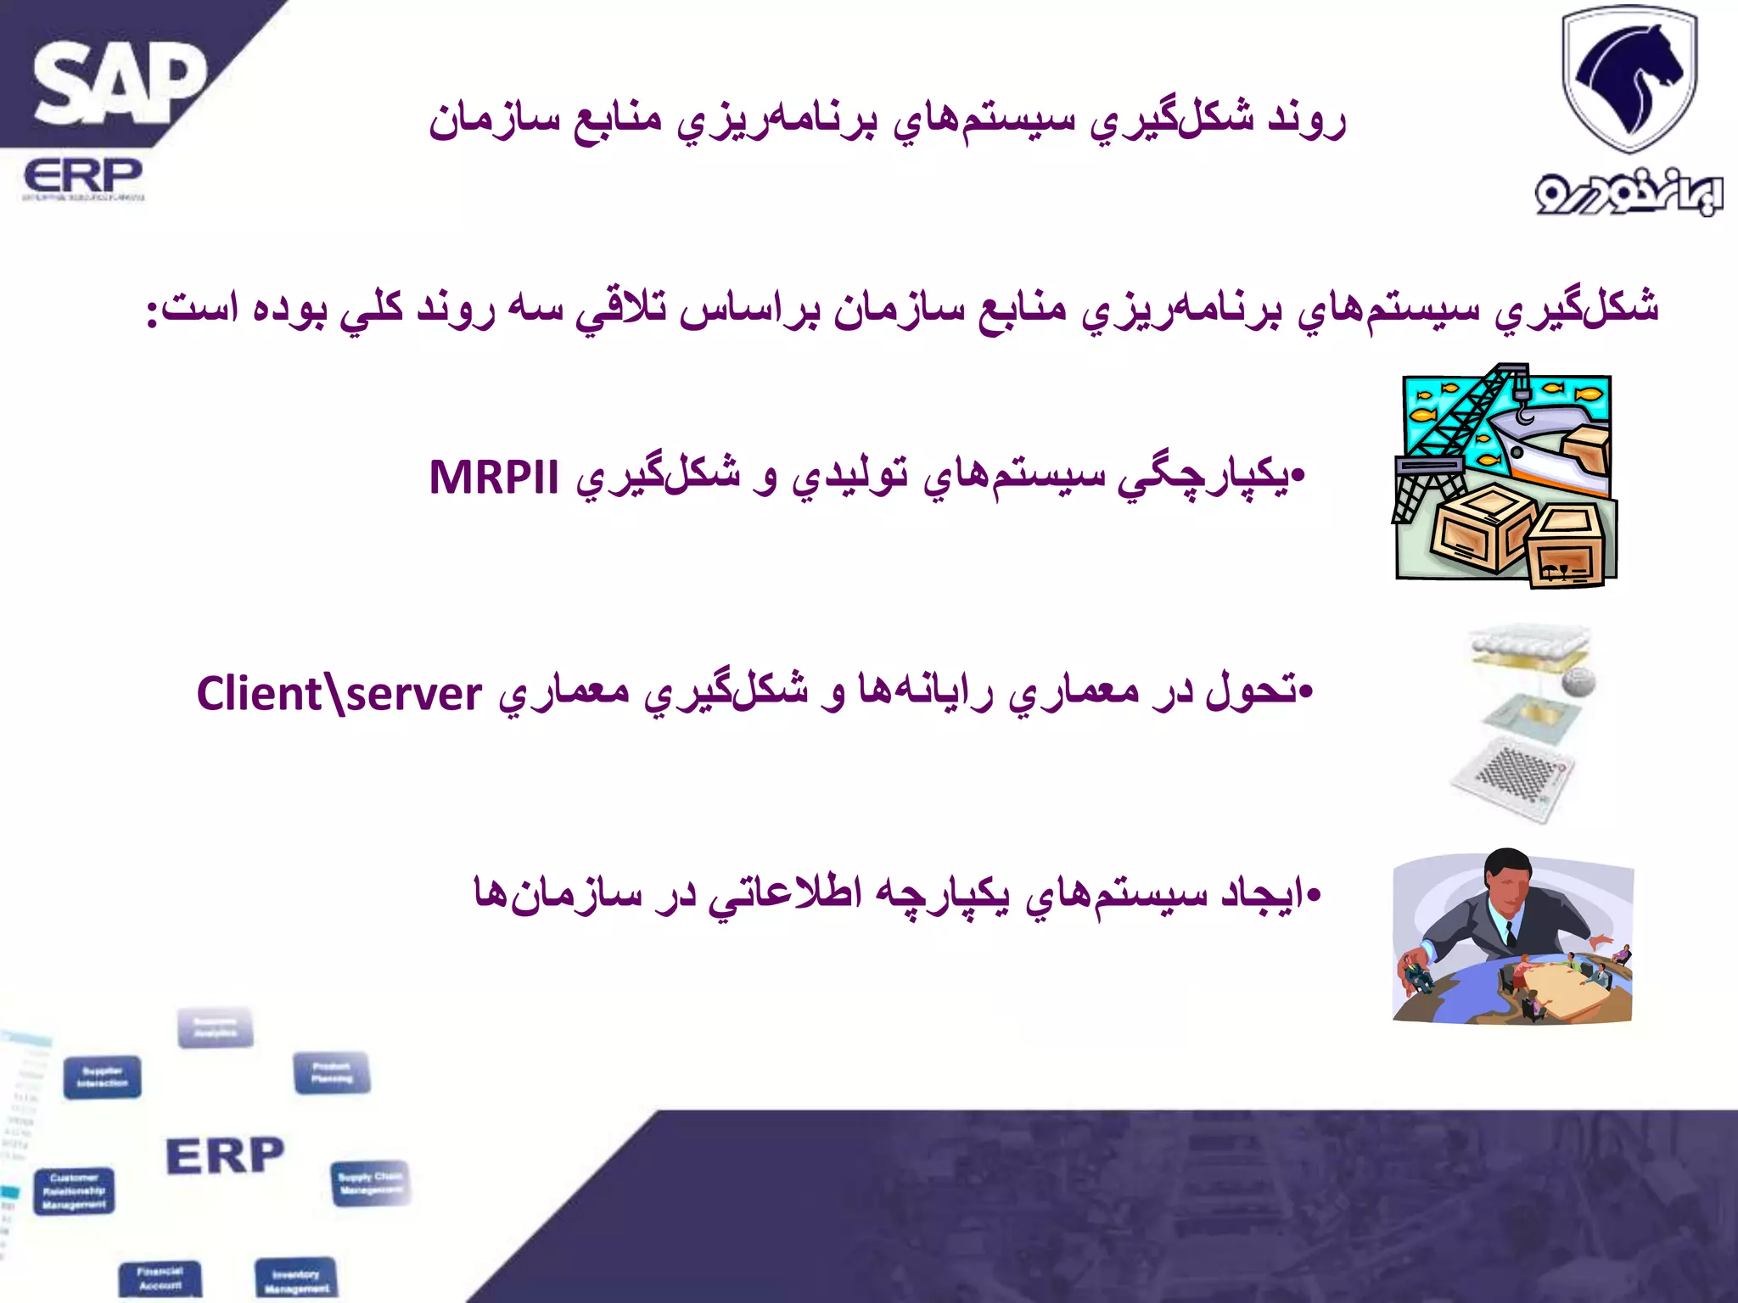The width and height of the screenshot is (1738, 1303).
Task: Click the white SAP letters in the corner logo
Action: pyautogui.click(x=119, y=85)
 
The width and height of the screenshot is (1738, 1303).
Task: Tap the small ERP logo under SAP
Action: pyautogui.click(x=83, y=178)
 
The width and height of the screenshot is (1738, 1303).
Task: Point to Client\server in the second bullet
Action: pyautogui.click(x=339, y=694)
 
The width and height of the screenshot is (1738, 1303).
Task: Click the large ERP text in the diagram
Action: pyautogui.click(x=225, y=1156)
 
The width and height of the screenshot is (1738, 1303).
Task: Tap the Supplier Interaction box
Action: pyautogui.click(x=103, y=1077)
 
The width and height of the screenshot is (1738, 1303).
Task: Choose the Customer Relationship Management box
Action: pyautogui.click(x=75, y=1191)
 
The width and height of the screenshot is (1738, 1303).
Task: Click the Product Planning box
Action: pyautogui.click(x=332, y=1073)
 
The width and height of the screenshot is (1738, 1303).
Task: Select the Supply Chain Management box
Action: pyautogui.click(x=369, y=1183)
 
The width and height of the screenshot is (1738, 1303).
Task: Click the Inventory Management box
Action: pyautogui.click(x=296, y=1279)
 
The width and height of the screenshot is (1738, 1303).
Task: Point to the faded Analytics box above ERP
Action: pyautogui.click(x=216, y=1027)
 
